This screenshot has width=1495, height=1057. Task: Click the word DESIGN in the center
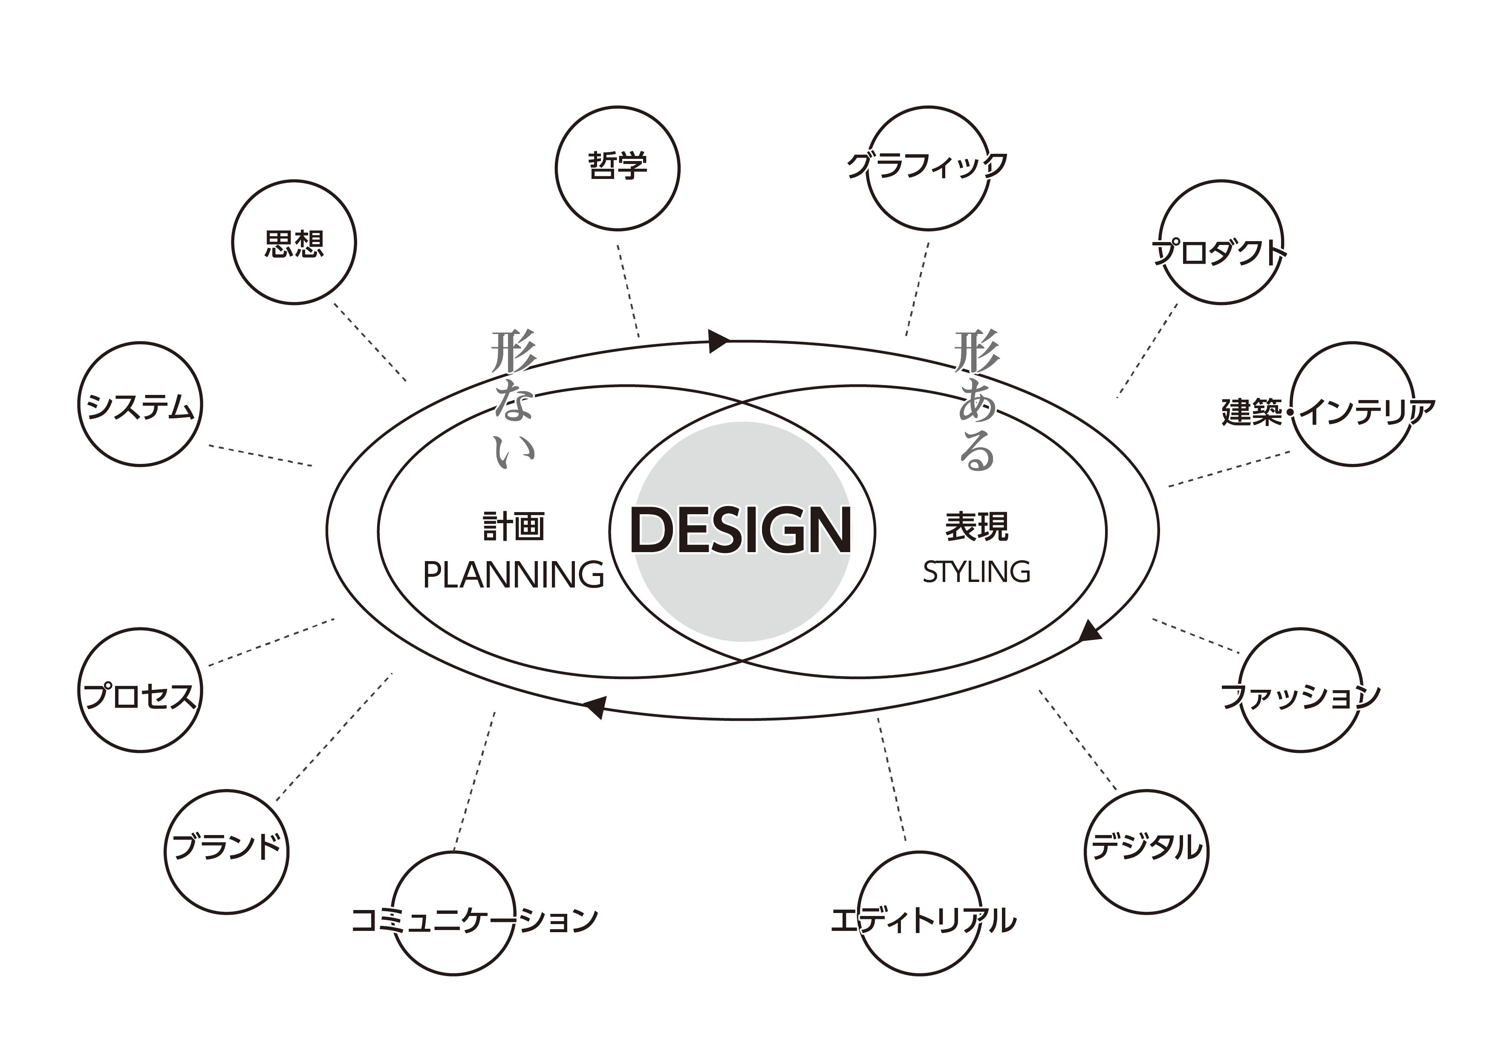point(742,530)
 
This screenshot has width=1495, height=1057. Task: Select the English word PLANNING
point(514,575)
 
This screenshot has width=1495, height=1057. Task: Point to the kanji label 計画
point(514,526)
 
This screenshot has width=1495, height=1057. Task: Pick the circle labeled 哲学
point(617,167)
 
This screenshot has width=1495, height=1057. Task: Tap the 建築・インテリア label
point(1328,412)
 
